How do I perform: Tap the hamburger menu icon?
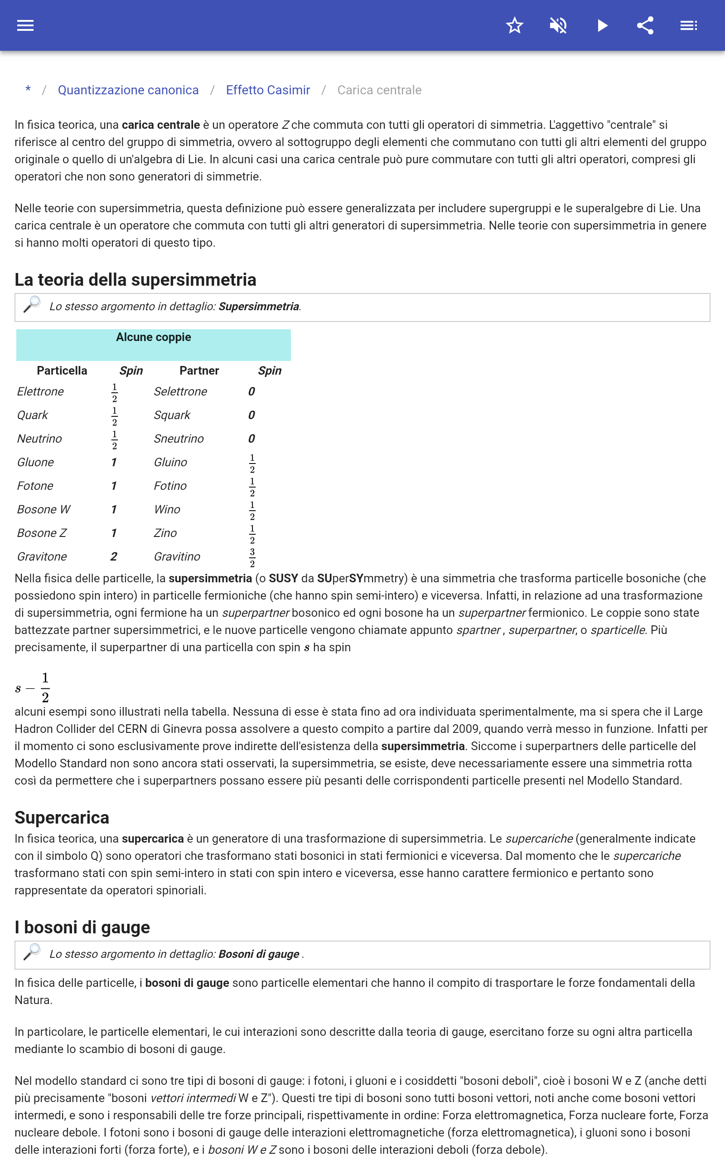pos(25,25)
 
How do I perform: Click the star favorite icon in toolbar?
pos(514,25)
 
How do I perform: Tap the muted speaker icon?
pos(558,25)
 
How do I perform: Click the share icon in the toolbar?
pos(645,25)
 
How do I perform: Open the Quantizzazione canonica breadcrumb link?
pos(128,90)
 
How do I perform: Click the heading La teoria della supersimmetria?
pos(135,280)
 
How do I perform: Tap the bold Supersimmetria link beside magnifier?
pos(258,307)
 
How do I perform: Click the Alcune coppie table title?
pos(154,337)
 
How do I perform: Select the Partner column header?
pos(199,371)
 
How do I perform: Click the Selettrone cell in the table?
pos(180,391)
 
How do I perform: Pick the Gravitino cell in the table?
pos(177,556)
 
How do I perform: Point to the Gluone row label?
pos(35,463)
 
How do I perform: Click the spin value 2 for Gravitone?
pos(114,556)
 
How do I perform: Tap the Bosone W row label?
pos(43,509)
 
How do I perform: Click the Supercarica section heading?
pos(62,818)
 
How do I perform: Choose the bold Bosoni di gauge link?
pos(258,954)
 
